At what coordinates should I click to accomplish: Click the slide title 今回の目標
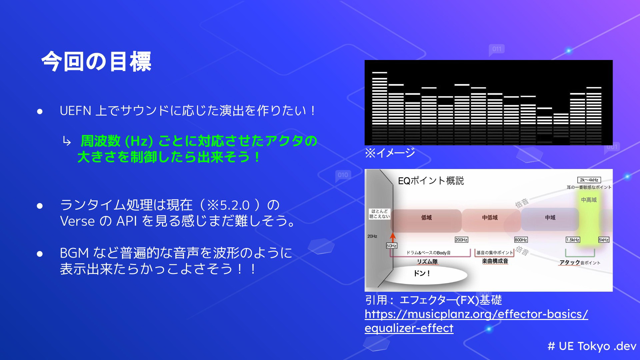(96, 62)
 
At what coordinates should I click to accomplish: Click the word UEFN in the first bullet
(75, 111)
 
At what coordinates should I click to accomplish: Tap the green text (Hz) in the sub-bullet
(139, 141)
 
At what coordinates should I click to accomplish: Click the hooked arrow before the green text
(67, 142)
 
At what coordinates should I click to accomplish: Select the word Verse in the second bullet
(77, 221)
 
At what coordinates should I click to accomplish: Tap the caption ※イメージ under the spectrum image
(390, 153)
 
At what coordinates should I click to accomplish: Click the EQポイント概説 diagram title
(431, 181)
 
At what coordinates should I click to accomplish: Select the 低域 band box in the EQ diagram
(426, 220)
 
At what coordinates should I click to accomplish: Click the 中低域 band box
(491, 220)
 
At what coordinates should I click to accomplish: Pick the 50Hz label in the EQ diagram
(391, 246)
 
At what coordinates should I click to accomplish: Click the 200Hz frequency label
(461, 240)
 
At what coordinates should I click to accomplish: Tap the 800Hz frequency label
(521, 240)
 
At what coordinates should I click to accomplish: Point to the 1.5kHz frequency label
(573, 240)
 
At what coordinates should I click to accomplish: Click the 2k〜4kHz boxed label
(589, 180)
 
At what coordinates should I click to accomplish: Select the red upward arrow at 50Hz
(393, 237)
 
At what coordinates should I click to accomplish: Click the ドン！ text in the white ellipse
(422, 274)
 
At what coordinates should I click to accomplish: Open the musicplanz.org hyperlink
(476, 321)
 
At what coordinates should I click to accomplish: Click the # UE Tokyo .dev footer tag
(592, 346)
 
